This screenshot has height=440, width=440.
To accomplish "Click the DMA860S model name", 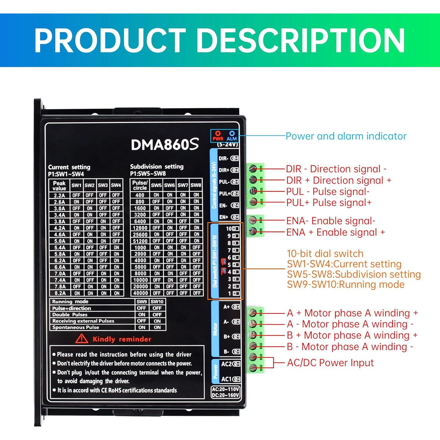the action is tap(165, 144).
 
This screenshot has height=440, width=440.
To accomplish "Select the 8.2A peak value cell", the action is tap(60, 293).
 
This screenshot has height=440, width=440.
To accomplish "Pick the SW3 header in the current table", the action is tap(103, 185).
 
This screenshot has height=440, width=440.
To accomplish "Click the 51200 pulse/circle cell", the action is tap(140, 241).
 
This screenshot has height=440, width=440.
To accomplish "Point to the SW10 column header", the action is tap(157, 302).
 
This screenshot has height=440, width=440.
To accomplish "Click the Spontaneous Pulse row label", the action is tap(76, 327).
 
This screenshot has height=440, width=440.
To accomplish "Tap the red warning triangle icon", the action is tap(82, 339).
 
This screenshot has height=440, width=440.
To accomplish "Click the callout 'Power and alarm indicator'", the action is tap(346, 136).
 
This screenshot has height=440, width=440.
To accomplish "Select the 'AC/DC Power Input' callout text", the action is tap(330, 363).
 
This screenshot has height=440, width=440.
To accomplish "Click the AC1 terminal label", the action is tap(226, 379).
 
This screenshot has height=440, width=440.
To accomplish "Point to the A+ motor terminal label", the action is tap(226, 307).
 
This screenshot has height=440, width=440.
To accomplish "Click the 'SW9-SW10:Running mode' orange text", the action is tap(346, 285).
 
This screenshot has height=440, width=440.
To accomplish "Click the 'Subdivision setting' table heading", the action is tap(157, 167).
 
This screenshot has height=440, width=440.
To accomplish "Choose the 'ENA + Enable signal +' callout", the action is tap(336, 232).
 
